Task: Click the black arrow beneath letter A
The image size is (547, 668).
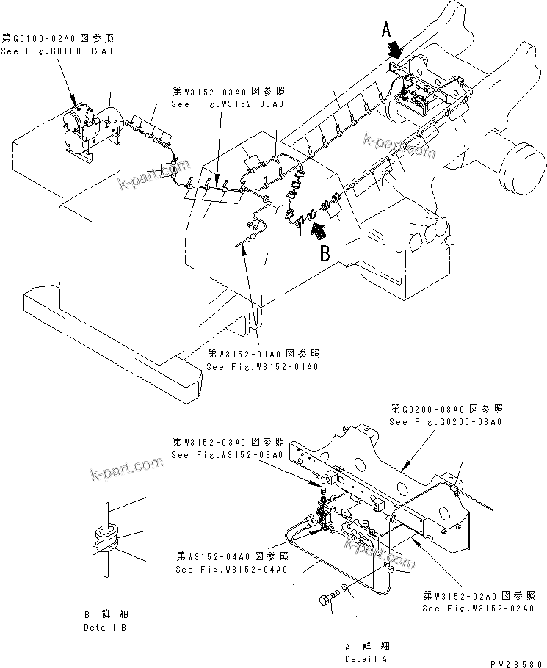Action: point(396,51)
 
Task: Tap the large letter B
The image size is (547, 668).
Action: point(325,254)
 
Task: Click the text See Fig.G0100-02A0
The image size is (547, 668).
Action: point(57,51)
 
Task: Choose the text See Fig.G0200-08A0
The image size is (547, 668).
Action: point(446,422)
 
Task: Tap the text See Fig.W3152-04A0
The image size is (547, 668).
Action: point(229,569)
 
